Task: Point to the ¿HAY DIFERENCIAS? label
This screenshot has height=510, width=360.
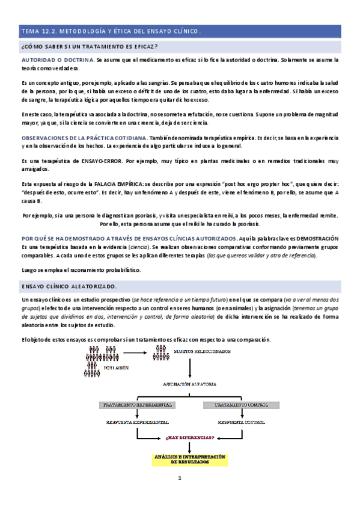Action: (190, 438)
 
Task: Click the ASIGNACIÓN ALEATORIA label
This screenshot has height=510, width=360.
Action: (190, 383)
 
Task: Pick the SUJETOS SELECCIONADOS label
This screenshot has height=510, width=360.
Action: (201, 351)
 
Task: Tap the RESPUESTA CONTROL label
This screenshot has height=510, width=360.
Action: (241, 422)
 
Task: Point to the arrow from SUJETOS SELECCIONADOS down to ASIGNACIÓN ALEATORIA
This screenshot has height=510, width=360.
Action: (190, 368)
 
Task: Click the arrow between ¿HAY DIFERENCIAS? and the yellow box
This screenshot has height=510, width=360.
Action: (190, 447)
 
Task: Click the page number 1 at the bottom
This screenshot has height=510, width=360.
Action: (179, 496)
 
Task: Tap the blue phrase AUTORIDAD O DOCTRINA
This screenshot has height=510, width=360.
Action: (57, 60)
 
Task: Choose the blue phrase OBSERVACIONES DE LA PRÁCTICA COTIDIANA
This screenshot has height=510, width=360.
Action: (85, 138)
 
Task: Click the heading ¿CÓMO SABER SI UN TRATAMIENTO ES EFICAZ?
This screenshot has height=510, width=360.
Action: (90, 47)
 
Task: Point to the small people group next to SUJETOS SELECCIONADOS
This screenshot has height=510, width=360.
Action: (159, 351)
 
